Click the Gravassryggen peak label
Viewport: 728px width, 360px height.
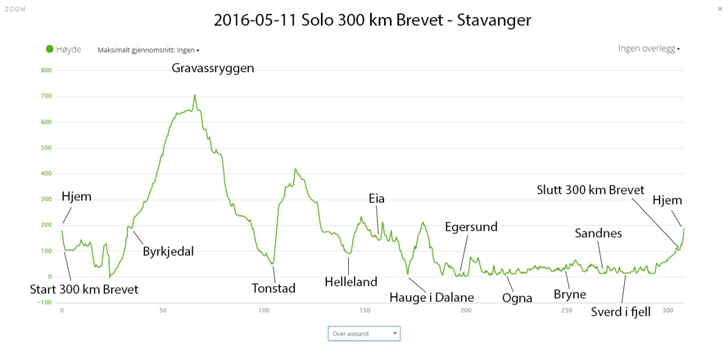coord(212,69)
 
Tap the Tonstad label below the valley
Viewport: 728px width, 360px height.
coord(274,288)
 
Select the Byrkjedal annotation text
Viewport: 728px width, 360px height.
coord(168,251)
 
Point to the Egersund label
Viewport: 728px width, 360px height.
coord(471,227)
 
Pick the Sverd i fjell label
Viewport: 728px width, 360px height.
coord(621,313)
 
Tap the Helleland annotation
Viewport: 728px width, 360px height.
coord(351,282)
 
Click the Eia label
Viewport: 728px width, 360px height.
coord(377,199)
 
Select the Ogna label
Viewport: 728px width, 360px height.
coord(517,297)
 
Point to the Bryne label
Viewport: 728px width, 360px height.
coord(570,294)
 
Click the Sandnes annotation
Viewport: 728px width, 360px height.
coord(598,233)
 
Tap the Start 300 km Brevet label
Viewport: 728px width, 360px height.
coord(84,290)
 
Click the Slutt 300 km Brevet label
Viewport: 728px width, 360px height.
coord(590,190)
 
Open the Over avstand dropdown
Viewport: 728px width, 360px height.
coord(364,333)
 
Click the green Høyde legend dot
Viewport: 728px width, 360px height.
coord(50,49)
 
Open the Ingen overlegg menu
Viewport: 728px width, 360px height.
coord(649,49)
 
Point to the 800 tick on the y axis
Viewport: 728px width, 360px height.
coord(47,70)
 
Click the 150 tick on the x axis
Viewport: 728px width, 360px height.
coord(365,311)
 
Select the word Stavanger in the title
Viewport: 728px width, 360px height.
coord(493,20)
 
